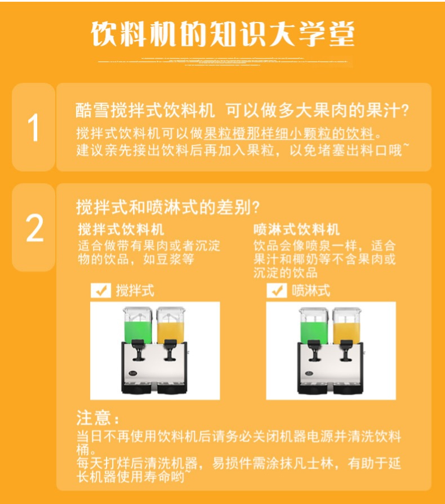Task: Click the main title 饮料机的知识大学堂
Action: point(222,35)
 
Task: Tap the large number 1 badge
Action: point(34,127)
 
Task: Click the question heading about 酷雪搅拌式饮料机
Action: point(242,110)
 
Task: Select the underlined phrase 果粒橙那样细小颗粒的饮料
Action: point(289,134)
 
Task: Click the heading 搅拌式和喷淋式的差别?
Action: point(168,207)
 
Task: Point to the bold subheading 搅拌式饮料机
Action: point(121,229)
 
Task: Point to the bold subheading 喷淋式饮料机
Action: point(296,229)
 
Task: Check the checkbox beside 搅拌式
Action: point(101,291)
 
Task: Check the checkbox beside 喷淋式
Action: point(276,291)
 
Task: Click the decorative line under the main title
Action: point(222,60)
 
